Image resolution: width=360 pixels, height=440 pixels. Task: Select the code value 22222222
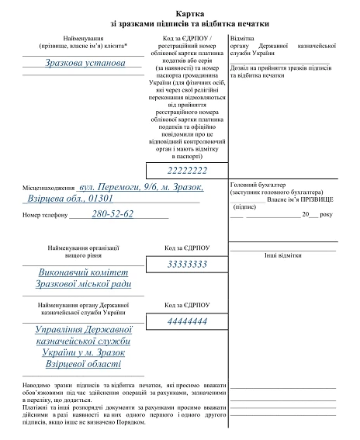pyautogui.click(x=187, y=170)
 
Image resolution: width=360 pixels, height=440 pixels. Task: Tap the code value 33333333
pyautogui.click(x=187, y=265)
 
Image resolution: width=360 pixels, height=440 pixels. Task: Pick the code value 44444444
pyautogui.click(x=187, y=320)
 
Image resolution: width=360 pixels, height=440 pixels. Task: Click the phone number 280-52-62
pyautogui.click(x=113, y=213)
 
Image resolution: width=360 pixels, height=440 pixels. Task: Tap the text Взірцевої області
pyautogui.click(x=82, y=363)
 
